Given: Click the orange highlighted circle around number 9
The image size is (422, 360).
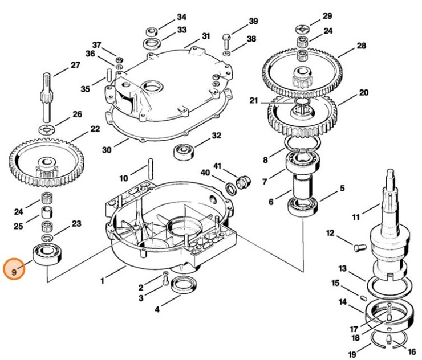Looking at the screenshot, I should tap(14, 268).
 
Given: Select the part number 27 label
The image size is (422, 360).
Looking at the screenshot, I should tap(75, 66).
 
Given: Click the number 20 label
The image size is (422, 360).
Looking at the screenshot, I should tap(364, 92).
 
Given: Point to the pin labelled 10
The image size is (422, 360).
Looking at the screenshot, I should tap(151, 168).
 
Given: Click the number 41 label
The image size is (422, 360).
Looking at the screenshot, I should tap(217, 166).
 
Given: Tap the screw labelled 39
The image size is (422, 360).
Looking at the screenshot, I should tap(227, 39).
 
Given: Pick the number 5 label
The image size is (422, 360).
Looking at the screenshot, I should tap(342, 188).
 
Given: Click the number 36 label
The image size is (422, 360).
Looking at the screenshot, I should tap(90, 54).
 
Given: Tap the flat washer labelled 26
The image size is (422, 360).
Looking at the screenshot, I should tap(48, 126).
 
